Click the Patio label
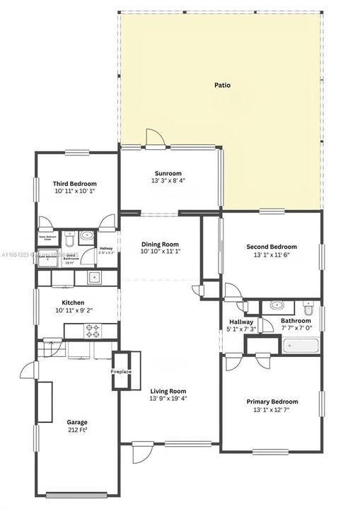(222, 85)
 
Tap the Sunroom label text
(168, 173)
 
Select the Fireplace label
(120, 371)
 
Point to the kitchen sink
(94, 277)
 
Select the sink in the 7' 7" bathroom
(275, 306)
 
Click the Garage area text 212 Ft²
(77, 430)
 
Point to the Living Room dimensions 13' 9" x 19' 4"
(168, 398)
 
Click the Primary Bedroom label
(272, 402)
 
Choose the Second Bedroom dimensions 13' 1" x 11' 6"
(272, 255)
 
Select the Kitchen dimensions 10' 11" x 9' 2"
(78, 310)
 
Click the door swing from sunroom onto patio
(153, 139)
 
